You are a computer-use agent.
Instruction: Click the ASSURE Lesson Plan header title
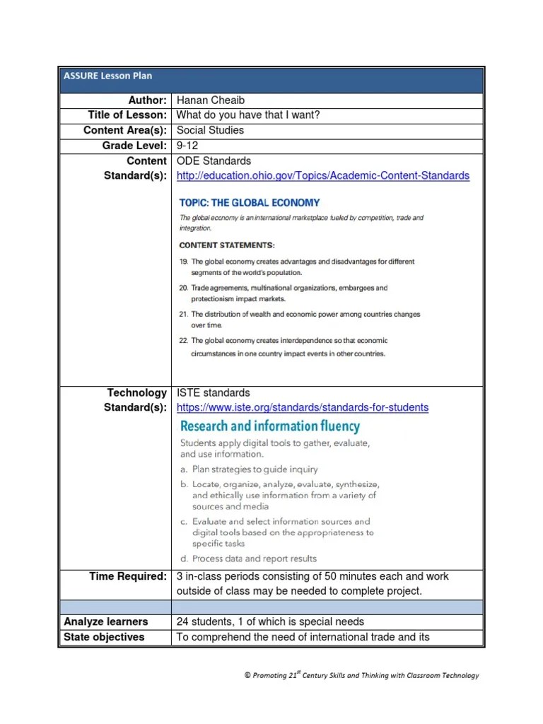coord(108,76)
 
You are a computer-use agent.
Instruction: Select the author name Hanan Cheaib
coord(210,100)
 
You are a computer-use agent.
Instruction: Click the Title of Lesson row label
coord(127,115)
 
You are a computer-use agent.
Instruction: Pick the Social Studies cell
coord(210,130)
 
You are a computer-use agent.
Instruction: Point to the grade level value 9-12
coord(188,146)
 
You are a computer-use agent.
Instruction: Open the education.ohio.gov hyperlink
coord(322,175)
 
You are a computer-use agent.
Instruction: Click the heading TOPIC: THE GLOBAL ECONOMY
coord(249,203)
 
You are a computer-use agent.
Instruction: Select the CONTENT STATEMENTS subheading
coord(226,245)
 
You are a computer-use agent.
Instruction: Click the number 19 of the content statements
coord(183,262)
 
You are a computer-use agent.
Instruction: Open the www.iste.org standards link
coord(302,407)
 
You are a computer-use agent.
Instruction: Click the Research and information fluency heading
coord(270,426)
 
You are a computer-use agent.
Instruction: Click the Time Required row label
coord(128,576)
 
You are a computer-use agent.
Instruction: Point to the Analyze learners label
coord(106,621)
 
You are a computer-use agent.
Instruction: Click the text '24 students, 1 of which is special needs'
coord(270,621)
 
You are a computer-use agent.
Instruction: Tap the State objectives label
coord(104,637)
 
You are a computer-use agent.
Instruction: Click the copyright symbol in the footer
coord(247,675)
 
